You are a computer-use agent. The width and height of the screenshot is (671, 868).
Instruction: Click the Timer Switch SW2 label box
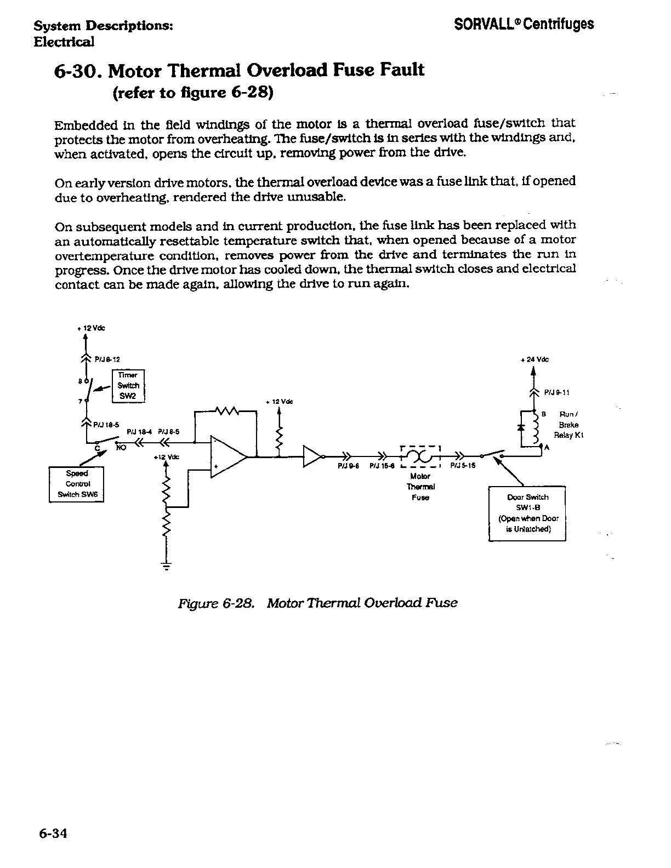tap(128, 386)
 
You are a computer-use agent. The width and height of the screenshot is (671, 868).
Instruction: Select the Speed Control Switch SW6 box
tap(76, 484)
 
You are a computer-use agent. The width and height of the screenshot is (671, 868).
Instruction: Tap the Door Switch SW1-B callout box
tap(527, 513)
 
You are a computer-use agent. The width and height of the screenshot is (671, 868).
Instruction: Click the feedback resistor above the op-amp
tap(226, 410)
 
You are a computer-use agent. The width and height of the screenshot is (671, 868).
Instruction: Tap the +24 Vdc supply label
tap(534, 359)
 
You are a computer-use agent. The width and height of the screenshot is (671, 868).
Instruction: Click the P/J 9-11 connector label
tap(557, 392)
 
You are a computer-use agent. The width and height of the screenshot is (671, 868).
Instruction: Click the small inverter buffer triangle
tap(312, 456)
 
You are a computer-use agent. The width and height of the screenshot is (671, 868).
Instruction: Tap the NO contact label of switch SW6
tap(121, 447)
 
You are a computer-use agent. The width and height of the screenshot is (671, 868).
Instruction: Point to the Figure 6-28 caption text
tap(317, 603)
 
